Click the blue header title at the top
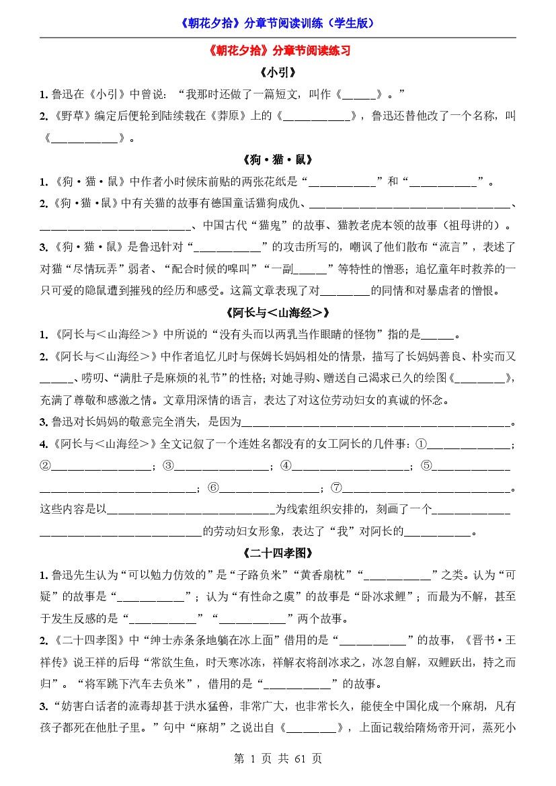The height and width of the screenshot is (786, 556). click(278, 23)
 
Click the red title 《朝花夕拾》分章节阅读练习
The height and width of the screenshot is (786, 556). click(278, 51)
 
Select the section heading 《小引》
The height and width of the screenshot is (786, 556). click(278, 72)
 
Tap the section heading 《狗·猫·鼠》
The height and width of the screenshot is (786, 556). click(278, 160)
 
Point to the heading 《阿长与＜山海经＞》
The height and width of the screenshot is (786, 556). click(278, 313)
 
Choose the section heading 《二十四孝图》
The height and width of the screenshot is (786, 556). click(278, 553)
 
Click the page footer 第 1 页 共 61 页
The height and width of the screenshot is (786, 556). click(278, 758)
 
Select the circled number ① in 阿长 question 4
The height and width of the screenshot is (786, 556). click(422, 444)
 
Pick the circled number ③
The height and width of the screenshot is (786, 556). click(169, 466)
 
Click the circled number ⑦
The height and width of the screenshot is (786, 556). click(337, 487)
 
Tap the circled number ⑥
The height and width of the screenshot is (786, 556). click(214, 487)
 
